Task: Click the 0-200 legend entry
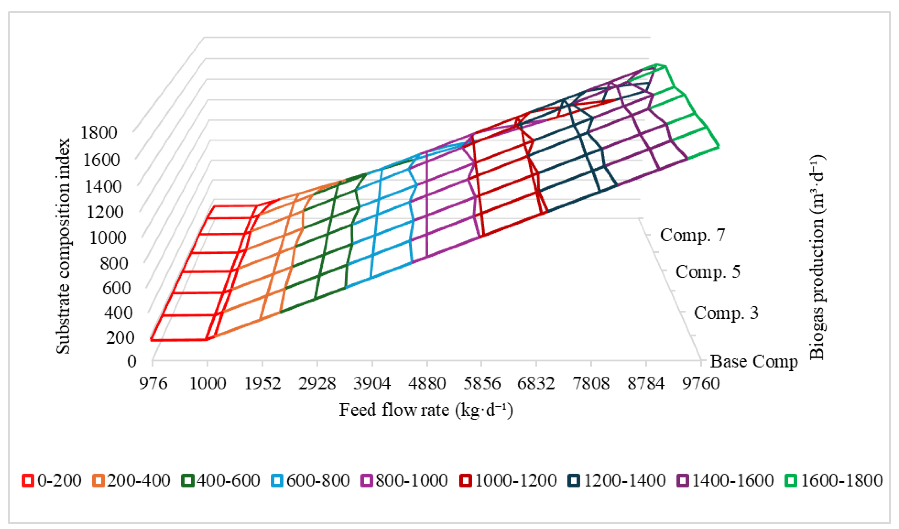pos(52,481)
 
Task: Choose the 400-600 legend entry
pos(221,481)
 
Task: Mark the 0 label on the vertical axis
pos(132,362)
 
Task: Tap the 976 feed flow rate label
pos(153,384)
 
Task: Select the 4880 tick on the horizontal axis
pos(427,384)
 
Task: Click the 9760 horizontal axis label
pos(701,384)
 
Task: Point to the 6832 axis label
pos(536,384)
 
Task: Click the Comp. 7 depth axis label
pos(692,235)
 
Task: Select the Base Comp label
pos(754,362)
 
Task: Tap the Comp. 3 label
pos(726,313)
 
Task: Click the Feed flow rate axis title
pos(426,410)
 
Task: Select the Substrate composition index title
pos(63,246)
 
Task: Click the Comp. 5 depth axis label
pos(708,272)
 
